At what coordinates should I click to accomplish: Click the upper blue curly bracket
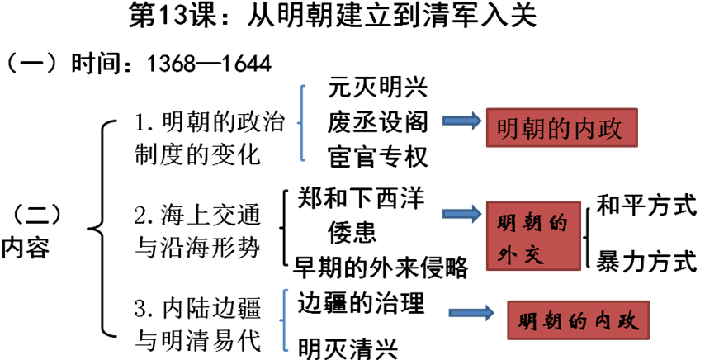(302, 123)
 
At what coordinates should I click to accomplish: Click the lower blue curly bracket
(284, 320)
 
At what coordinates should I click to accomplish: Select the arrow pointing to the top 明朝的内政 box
(461, 121)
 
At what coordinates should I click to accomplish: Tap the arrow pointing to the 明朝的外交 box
(461, 214)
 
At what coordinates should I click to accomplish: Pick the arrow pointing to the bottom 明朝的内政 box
(471, 313)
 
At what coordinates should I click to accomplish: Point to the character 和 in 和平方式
(608, 205)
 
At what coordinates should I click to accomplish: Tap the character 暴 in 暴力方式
(608, 263)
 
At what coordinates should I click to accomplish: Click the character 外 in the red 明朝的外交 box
(509, 254)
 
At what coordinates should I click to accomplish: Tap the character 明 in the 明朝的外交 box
(509, 224)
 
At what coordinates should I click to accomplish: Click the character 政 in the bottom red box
(630, 322)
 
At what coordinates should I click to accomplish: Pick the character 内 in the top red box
(585, 130)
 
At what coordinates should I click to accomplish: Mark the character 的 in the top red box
(559, 130)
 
